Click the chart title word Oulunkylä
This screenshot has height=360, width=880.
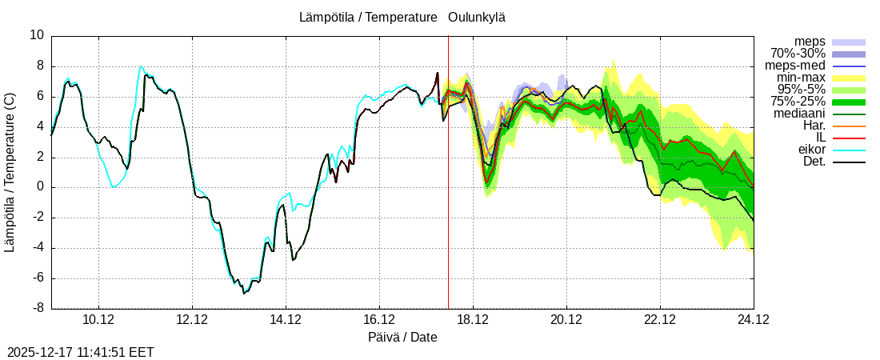click(x=476, y=17)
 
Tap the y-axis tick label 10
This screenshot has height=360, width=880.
click(x=38, y=35)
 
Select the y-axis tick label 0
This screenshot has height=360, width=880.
click(x=41, y=187)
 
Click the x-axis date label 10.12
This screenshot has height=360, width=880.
click(x=98, y=320)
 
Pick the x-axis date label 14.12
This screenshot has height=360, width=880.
click(x=286, y=320)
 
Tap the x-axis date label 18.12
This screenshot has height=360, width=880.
click(x=473, y=320)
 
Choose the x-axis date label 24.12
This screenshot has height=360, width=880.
click(x=753, y=320)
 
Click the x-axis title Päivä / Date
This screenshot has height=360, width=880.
click(x=402, y=338)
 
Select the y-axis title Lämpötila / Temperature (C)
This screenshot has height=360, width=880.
click(x=10, y=172)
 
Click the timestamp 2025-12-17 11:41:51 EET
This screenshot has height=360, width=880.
click(x=81, y=352)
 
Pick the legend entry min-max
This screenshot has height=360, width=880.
click(x=801, y=78)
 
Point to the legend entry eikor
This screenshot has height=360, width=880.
click(x=811, y=150)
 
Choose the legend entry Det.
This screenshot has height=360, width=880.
click(x=814, y=162)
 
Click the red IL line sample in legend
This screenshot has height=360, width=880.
click(x=849, y=138)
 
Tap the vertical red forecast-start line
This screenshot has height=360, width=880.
click(x=448, y=200)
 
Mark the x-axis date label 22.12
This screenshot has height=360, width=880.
click(x=660, y=320)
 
